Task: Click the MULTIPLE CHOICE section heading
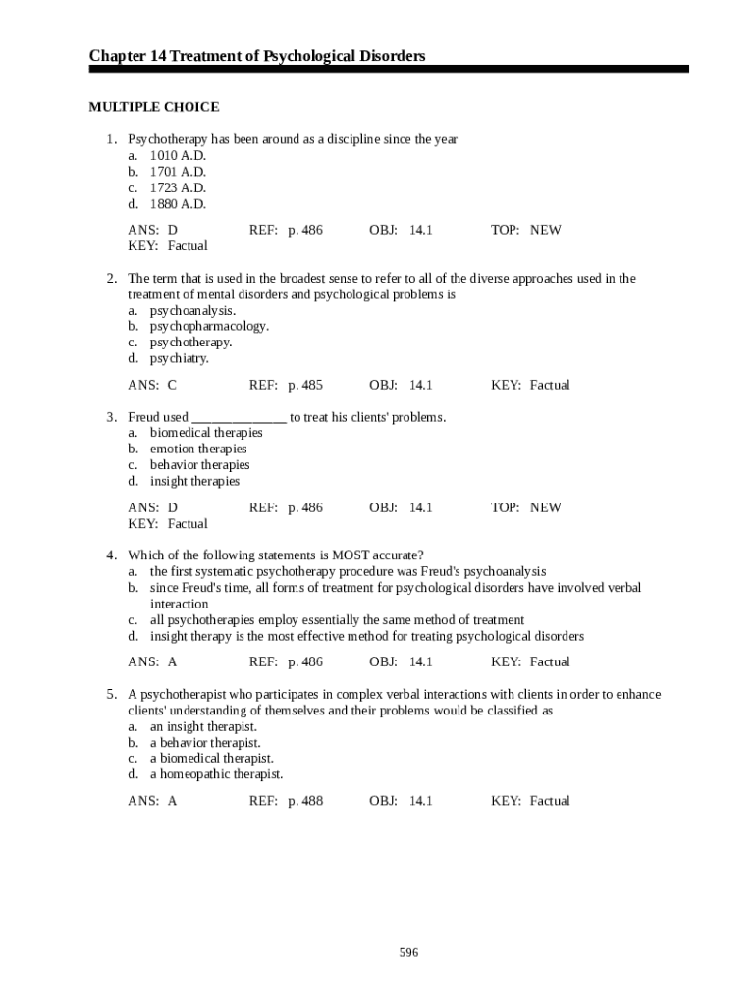154,107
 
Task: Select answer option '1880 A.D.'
178,204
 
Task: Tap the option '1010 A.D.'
178,156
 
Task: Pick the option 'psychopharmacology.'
209,326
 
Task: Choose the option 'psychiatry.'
180,358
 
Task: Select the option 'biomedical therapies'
206,433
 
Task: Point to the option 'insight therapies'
194,481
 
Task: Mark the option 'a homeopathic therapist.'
216,773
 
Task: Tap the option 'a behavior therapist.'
205,742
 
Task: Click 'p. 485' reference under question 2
305,385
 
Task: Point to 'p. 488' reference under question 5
305,801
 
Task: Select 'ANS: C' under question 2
152,385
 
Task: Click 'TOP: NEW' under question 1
526,230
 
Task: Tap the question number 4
112,555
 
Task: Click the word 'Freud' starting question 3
144,417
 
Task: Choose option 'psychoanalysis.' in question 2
192,310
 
